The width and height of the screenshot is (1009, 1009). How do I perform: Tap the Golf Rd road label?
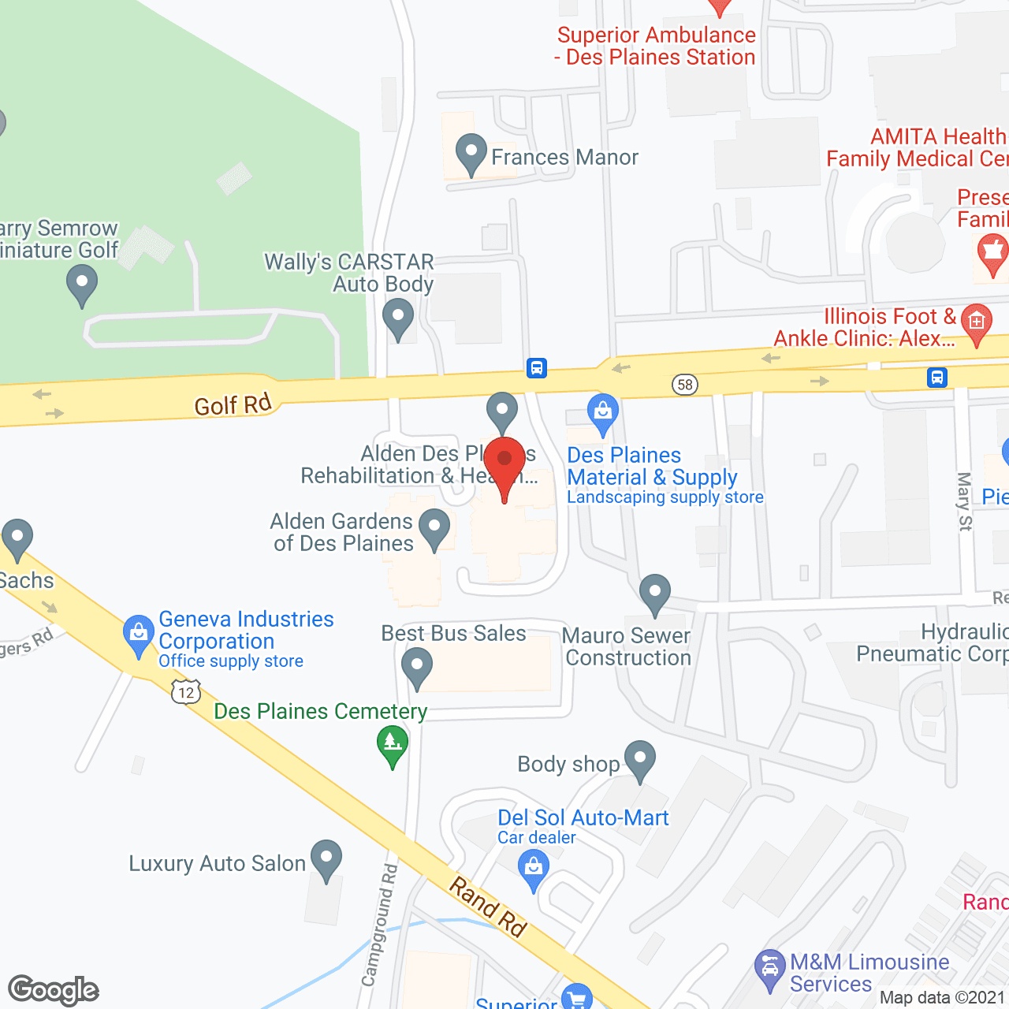(x=233, y=404)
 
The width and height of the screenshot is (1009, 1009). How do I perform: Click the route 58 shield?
(x=685, y=385)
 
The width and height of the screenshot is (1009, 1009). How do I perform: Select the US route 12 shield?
(x=186, y=693)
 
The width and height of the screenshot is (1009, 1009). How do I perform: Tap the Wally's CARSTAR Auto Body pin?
(x=398, y=321)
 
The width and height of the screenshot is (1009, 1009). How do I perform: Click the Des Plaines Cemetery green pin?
(x=393, y=745)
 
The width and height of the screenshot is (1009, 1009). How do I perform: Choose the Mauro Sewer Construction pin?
(x=655, y=594)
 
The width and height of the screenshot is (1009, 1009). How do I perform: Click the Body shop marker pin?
(x=640, y=760)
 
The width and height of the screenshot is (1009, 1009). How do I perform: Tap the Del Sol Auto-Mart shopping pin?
(x=534, y=871)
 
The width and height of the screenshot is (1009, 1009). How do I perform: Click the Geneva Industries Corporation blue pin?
(x=139, y=635)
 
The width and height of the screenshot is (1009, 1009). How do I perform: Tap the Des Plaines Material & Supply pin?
(x=603, y=413)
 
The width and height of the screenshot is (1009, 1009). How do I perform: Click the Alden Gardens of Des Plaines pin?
(x=434, y=528)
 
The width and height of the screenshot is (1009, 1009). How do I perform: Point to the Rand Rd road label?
(x=488, y=907)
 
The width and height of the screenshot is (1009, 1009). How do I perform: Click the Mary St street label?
(x=965, y=501)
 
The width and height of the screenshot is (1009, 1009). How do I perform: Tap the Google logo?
(x=54, y=990)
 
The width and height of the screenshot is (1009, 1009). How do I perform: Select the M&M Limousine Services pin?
(x=770, y=970)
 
